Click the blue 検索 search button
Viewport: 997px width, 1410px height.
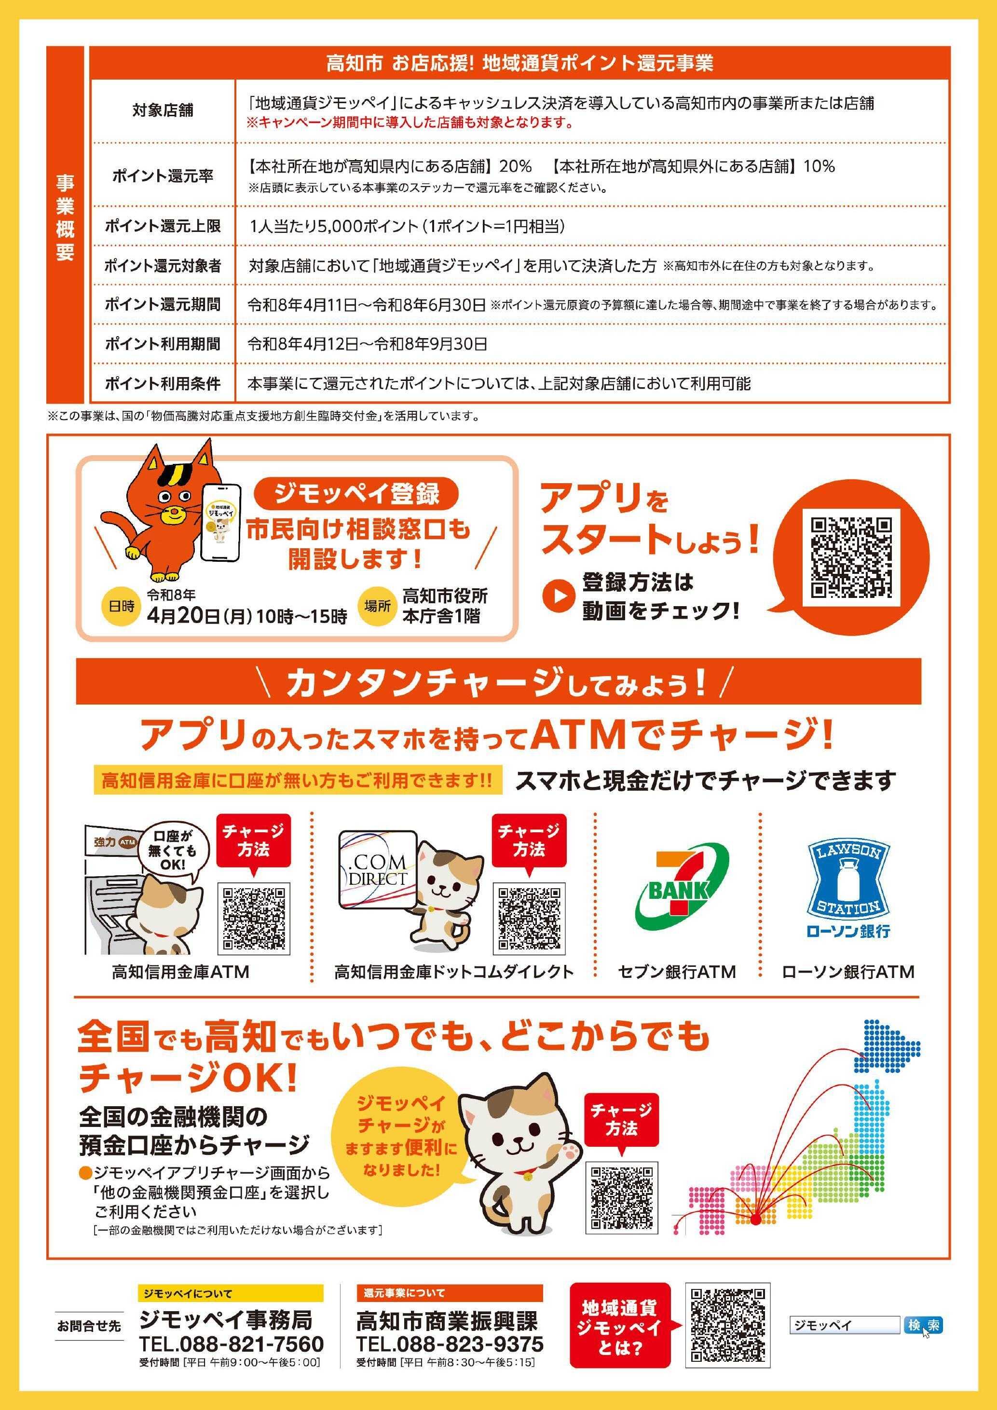923,1325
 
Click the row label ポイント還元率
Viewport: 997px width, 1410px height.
162,176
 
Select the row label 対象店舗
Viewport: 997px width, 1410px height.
162,110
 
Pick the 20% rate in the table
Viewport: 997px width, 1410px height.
516,166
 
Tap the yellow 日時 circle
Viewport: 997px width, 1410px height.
122,607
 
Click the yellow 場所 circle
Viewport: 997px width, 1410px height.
377,607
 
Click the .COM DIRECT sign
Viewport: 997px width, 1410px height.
377,869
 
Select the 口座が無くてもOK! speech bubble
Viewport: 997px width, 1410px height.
174,851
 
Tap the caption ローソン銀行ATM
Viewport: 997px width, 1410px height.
848,972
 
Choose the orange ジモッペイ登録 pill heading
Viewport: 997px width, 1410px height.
356,494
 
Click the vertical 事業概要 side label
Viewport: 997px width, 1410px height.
65,217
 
